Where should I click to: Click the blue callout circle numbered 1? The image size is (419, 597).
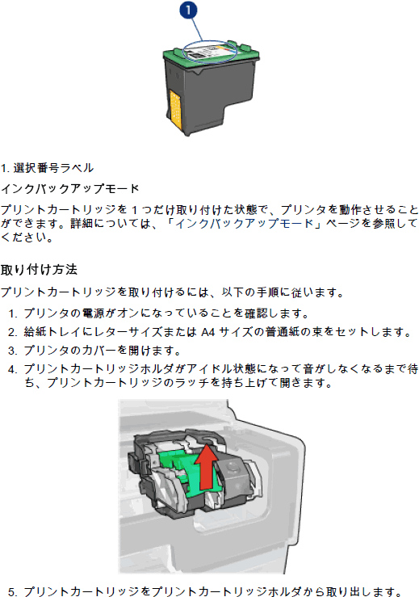point(188,11)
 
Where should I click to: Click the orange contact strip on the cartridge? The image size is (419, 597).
point(175,109)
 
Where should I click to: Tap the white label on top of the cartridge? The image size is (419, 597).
point(209,51)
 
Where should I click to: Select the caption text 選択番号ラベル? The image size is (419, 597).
point(53,168)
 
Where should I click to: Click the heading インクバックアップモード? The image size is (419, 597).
point(69,188)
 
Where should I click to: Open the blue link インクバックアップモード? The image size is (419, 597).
point(244,223)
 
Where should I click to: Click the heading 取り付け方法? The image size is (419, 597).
point(39,270)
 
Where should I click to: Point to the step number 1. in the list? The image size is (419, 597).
point(13,313)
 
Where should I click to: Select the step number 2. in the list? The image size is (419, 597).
point(13,332)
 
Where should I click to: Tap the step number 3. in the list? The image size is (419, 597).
point(13,351)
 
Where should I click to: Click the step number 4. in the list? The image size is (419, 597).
point(13,369)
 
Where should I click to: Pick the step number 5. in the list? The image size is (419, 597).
point(13,592)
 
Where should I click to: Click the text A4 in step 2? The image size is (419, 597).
point(208,332)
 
